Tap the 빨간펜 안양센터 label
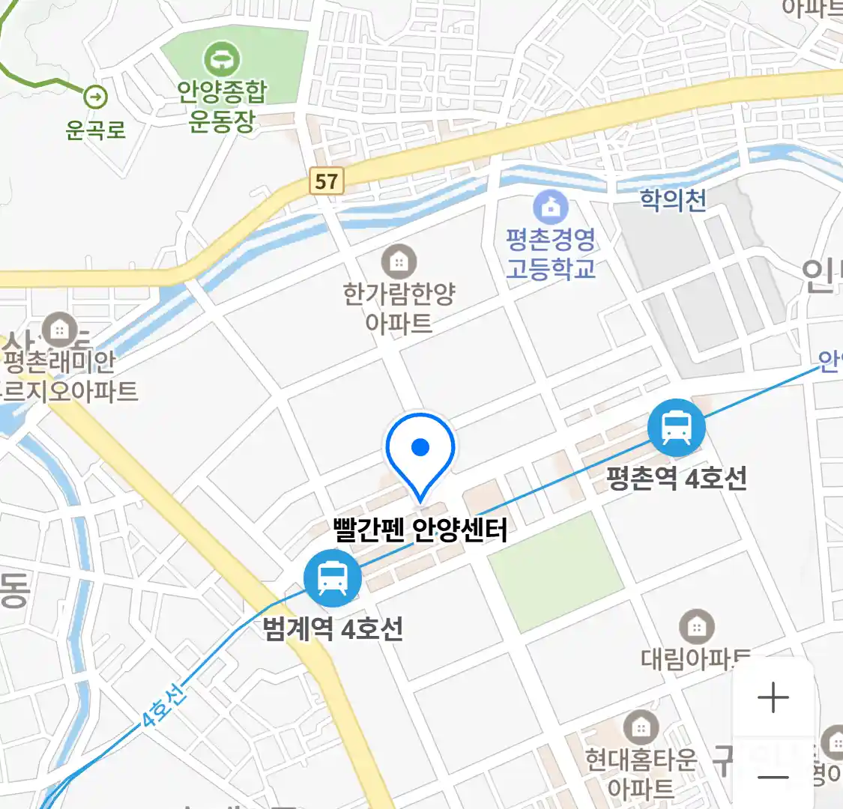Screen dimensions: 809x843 coord(420,530)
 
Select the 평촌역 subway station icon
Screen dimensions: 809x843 coord(677,428)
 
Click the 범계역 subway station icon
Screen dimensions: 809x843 coord(332,578)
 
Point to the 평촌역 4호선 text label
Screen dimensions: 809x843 coord(677,478)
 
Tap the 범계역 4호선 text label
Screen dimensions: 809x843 coord(333,628)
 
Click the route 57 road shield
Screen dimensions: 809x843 coord(326,181)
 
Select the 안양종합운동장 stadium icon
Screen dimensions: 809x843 coord(222,58)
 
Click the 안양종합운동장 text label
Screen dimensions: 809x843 coord(222,106)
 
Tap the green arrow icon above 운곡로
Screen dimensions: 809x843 coord(95,97)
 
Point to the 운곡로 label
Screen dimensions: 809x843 coord(95,130)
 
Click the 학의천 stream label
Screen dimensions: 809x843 coord(673,200)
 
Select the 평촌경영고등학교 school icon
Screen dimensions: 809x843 coord(551,207)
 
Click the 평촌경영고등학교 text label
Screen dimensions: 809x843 coord(551,254)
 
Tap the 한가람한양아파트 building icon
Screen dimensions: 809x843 coord(399,261)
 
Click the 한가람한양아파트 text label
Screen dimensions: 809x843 coord(399,308)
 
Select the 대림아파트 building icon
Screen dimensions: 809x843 coord(697,627)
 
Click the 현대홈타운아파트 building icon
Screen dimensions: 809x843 coord(641,727)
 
